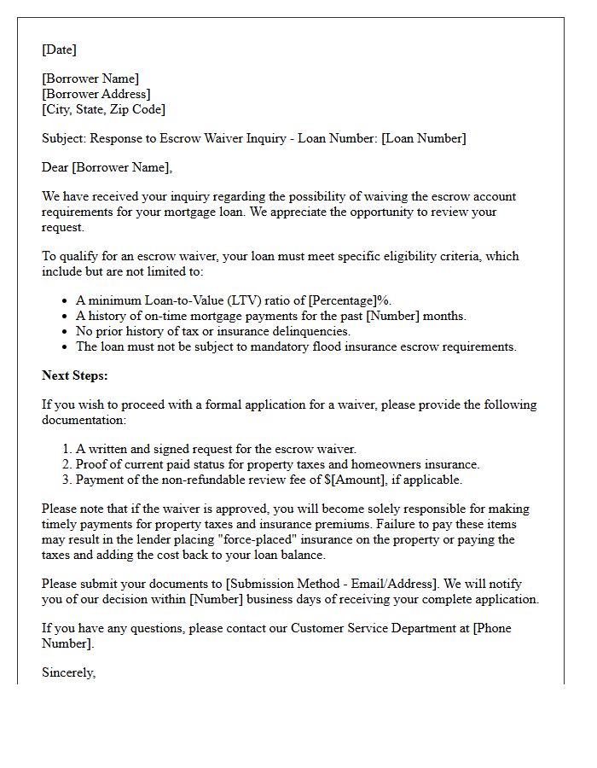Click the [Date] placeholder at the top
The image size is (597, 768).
pos(59,49)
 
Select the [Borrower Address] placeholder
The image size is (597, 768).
pos(96,94)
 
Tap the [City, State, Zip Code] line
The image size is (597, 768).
pos(103,109)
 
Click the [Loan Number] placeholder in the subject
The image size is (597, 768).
pos(424,138)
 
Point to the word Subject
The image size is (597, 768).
pos(64,138)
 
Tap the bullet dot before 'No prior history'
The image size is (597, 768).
pos(66,332)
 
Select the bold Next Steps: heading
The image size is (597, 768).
pos(75,375)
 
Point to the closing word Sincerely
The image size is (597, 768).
pos(68,672)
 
